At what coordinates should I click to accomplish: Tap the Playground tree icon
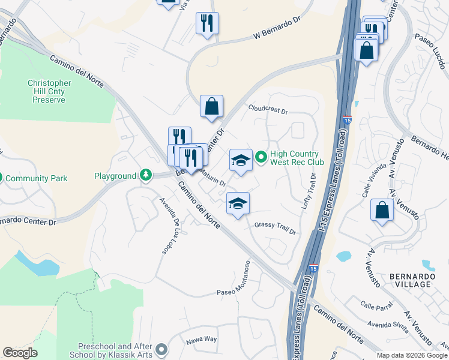pos(145,175)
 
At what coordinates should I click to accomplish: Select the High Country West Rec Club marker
pos(261,158)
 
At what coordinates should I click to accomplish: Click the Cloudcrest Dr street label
pos(268,109)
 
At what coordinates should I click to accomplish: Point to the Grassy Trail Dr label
pos(275,228)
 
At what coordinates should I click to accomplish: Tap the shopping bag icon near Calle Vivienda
pos(382,210)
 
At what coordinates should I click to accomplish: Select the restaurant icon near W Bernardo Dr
pos(207,23)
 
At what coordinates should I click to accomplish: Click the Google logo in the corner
pos(20,353)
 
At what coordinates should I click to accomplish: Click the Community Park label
pos(41,178)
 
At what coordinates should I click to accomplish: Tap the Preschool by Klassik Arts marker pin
pos(161,349)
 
